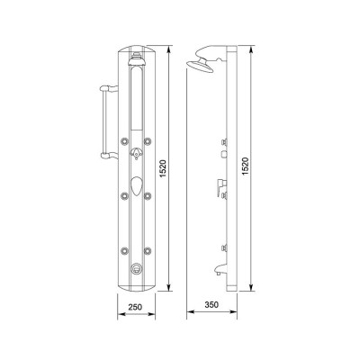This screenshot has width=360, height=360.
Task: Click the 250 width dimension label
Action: point(135,307)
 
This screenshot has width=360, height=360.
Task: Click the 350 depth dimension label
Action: point(211,305)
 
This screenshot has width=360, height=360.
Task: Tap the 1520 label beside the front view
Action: point(162,168)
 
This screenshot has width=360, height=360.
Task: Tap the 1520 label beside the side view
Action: point(246,166)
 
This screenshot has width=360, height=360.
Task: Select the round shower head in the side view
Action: point(200,67)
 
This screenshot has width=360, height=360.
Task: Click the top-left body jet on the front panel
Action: point(124,140)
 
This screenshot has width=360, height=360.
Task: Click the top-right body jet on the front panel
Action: point(147,140)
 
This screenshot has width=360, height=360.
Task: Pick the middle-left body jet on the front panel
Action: point(124,196)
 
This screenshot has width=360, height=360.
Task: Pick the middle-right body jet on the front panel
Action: point(147,196)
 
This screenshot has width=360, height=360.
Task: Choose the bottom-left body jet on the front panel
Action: point(124,250)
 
